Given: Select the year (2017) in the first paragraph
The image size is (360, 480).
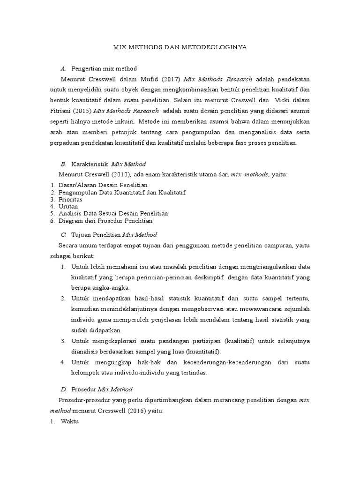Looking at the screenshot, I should point(171,79).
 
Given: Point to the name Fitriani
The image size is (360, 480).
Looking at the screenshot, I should point(61,111).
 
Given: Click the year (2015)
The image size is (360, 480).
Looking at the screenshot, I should point(83,111).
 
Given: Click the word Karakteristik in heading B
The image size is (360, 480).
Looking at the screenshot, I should point(89,164).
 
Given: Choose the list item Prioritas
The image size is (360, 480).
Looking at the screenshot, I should point(71,199).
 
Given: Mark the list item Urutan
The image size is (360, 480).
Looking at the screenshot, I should point(68,206).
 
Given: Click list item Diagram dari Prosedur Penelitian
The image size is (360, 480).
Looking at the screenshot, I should point(105,220).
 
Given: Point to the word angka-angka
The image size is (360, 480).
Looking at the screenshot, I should point(109,287).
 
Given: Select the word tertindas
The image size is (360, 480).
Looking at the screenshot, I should point(191,373).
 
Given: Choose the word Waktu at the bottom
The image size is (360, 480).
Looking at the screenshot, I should point(71,421).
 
